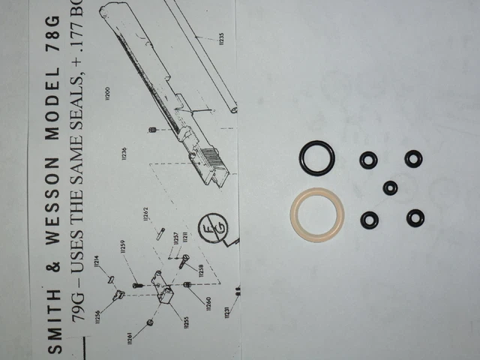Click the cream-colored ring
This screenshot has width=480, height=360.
(316, 217)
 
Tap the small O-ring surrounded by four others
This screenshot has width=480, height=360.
(390, 187)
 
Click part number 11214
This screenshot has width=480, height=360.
(97, 262)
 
